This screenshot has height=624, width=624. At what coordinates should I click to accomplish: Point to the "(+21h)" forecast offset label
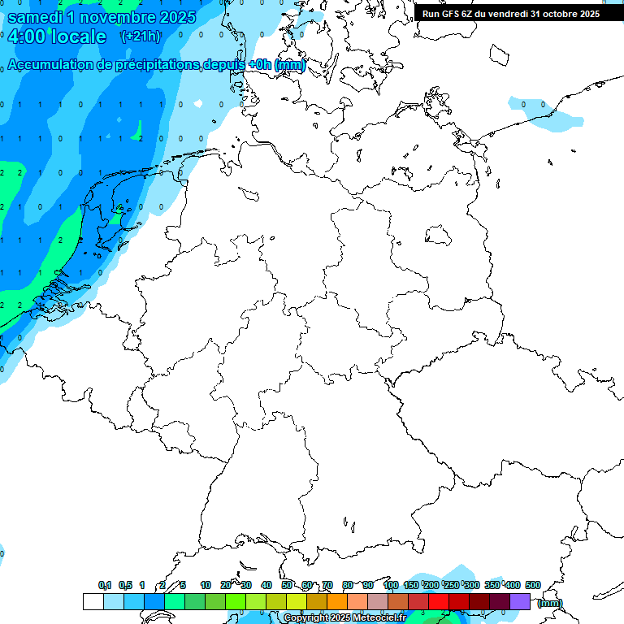coord(141,37)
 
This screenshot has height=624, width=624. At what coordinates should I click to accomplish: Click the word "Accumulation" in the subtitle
coord(53,64)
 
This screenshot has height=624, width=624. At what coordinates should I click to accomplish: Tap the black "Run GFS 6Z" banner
coord(510,14)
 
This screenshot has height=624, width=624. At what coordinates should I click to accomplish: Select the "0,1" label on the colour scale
coord(105,585)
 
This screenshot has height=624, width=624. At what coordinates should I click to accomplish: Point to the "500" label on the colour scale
coord(533,585)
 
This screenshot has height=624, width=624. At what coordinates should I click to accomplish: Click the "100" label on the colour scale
coord(391,585)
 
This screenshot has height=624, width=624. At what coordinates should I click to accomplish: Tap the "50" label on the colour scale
coord(287,585)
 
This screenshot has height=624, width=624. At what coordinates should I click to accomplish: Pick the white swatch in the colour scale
coord(93,601)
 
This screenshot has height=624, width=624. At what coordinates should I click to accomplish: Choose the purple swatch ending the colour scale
coord(520,601)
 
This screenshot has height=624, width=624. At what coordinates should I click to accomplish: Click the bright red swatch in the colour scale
coord(439,601)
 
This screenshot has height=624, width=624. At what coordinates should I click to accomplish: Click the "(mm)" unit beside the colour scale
coord(549,603)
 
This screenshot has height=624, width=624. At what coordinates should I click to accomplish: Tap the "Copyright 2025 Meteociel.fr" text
coord(344,618)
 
